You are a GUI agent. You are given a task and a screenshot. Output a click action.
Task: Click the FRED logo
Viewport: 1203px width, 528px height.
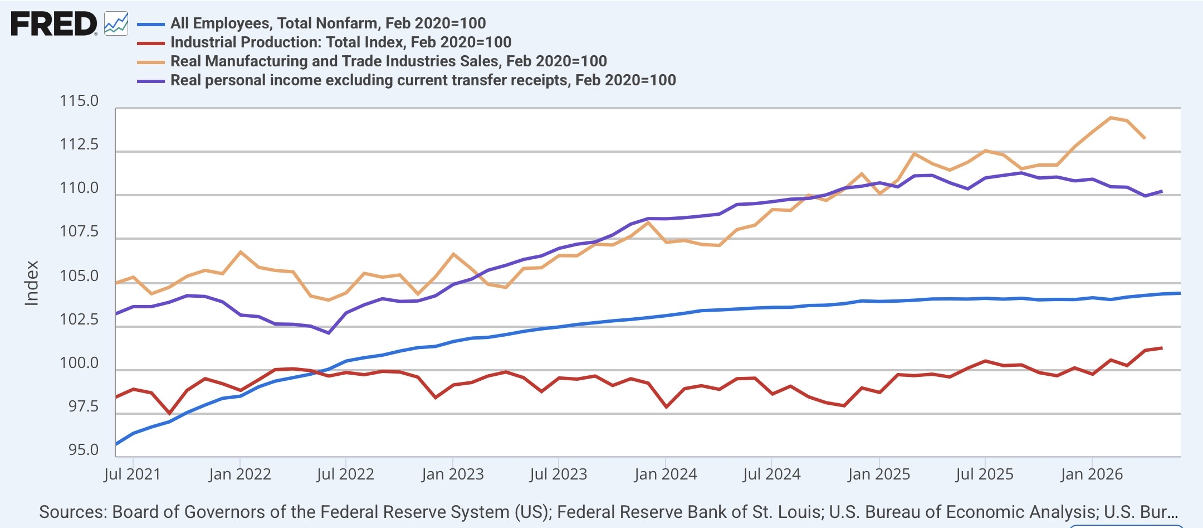54,24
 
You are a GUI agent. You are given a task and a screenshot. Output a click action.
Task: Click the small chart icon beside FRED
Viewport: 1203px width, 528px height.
116,24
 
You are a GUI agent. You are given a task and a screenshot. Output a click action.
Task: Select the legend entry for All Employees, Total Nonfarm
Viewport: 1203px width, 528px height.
328,23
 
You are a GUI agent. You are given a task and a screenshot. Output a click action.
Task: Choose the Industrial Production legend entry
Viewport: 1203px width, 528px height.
341,42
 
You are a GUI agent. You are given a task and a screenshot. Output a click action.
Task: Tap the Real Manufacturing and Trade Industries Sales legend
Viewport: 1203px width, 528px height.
389,61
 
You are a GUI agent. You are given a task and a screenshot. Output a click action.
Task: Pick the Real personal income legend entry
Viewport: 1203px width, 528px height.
423,80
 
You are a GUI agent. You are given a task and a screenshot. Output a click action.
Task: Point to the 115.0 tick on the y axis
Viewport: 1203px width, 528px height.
79,101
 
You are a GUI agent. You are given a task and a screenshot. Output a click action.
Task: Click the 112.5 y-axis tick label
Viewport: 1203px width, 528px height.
79,144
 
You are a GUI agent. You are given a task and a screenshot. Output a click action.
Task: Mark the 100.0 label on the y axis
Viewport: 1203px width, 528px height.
79,363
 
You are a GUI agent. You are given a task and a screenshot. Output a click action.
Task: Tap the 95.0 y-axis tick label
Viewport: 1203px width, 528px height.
83,450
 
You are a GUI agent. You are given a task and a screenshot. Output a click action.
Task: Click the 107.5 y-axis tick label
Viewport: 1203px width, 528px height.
79,231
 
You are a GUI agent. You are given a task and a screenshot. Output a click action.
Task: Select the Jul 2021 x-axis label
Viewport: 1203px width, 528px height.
133,474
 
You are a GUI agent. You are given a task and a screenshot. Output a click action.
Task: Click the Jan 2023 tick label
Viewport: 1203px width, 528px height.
453,474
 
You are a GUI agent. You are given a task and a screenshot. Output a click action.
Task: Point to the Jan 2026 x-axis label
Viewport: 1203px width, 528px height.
1092,474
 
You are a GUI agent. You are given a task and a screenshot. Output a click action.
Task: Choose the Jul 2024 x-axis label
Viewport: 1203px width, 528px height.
771,474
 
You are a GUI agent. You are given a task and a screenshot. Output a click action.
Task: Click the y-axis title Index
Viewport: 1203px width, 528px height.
32,283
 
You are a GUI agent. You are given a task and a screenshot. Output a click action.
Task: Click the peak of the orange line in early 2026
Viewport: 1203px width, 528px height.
1111,118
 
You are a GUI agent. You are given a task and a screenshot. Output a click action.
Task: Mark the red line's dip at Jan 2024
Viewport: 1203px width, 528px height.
667,407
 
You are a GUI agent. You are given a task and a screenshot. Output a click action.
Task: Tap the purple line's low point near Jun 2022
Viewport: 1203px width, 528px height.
329,333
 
